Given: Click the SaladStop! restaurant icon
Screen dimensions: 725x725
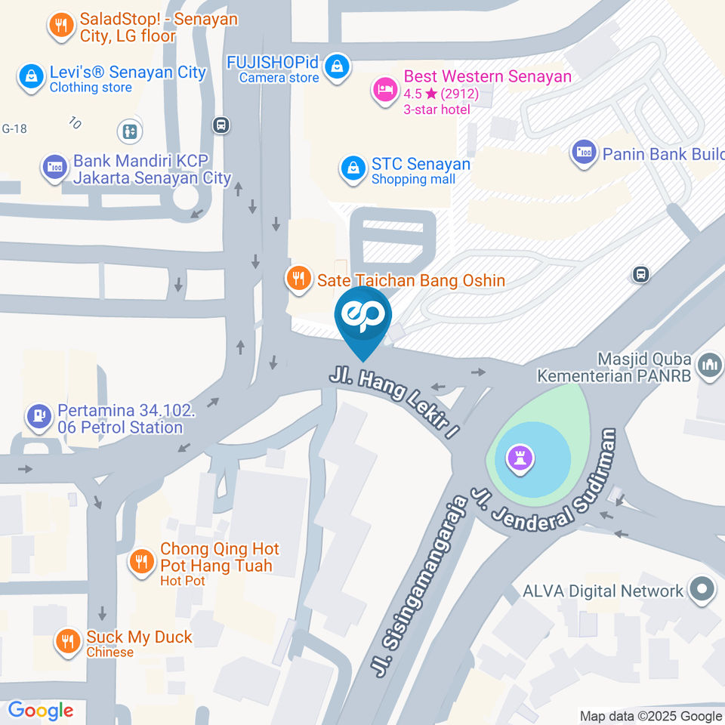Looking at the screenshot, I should pos(60,26).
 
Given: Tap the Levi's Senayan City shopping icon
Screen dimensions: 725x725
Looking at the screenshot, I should pos(31,78).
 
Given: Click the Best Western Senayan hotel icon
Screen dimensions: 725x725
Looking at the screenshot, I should pos(384,91).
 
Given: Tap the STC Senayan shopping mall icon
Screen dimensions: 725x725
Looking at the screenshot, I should pos(352,170).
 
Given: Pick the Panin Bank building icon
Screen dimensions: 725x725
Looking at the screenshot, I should pos(583,153).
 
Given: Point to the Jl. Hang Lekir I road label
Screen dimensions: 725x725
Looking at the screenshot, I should pos(395,400).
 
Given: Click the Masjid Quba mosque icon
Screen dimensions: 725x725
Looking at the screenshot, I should pos(709,366).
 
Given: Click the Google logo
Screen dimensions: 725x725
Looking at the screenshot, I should pos(40,710).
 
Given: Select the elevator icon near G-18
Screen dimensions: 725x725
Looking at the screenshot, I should pos(130,131).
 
